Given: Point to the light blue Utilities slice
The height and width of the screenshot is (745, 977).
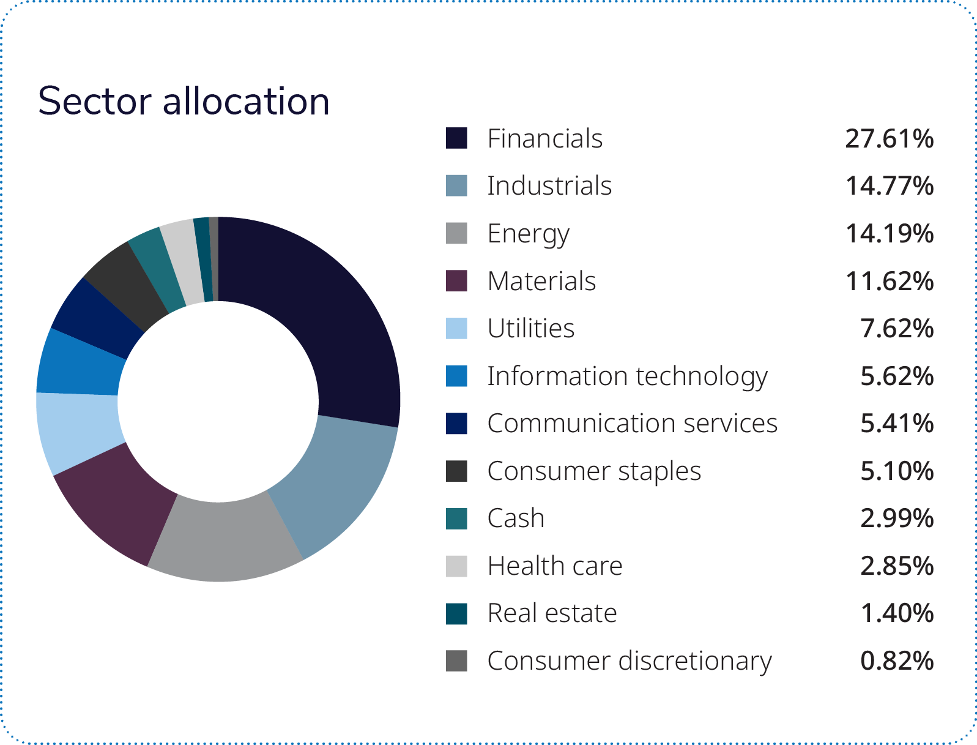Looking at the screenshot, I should (x=78, y=432).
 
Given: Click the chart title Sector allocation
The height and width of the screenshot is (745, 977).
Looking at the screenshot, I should (x=184, y=101).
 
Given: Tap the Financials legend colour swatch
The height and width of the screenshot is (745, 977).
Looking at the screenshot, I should (x=456, y=138).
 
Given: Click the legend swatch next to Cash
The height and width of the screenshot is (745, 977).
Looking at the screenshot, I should (x=456, y=519).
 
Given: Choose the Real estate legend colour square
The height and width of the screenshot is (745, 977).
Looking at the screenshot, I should (x=456, y=613).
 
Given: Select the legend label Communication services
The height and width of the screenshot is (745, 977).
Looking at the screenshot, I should (x=632, y=424).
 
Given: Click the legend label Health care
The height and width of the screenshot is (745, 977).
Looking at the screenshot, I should (x=554, y=566).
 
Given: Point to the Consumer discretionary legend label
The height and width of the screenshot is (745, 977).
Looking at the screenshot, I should (x=629, y=661).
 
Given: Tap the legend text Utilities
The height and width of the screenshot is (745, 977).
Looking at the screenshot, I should (x=530, y=329).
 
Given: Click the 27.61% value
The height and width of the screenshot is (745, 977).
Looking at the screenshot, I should (x=889, y=139).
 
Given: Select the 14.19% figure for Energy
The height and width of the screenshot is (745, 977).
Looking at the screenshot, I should (x=889, y=234).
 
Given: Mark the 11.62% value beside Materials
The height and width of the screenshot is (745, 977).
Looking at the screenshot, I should (x=889, y=282).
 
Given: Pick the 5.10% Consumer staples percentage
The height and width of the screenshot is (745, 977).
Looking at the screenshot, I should (x=896, y=471).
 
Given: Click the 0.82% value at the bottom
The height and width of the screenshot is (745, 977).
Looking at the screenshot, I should (x=896, y=661).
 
